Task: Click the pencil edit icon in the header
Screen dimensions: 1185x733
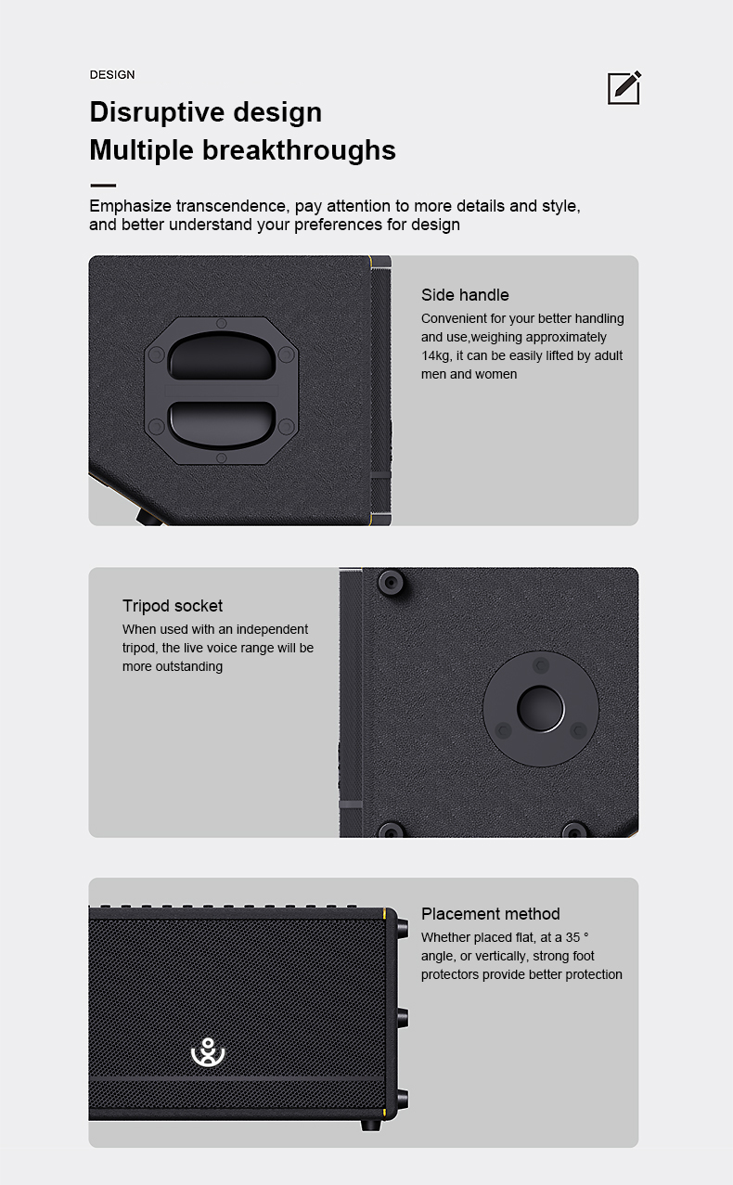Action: pos(624,87)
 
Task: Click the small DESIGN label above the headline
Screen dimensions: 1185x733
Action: pos(112,74)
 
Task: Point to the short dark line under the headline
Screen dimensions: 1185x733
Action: pos(102,186)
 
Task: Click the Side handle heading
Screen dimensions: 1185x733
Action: pos(465,295)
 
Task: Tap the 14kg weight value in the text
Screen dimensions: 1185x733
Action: pos(436,355)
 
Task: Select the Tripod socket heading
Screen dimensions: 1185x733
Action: pos(173,606)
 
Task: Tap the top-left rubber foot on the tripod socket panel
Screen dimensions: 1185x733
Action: pos(391,583)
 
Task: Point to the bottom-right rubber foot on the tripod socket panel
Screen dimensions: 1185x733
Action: pos(574,831)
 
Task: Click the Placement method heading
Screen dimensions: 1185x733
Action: pos(491,914)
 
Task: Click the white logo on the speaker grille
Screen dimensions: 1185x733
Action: pos(208,1053)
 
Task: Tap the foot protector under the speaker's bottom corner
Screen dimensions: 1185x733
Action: pos(370,1125)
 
